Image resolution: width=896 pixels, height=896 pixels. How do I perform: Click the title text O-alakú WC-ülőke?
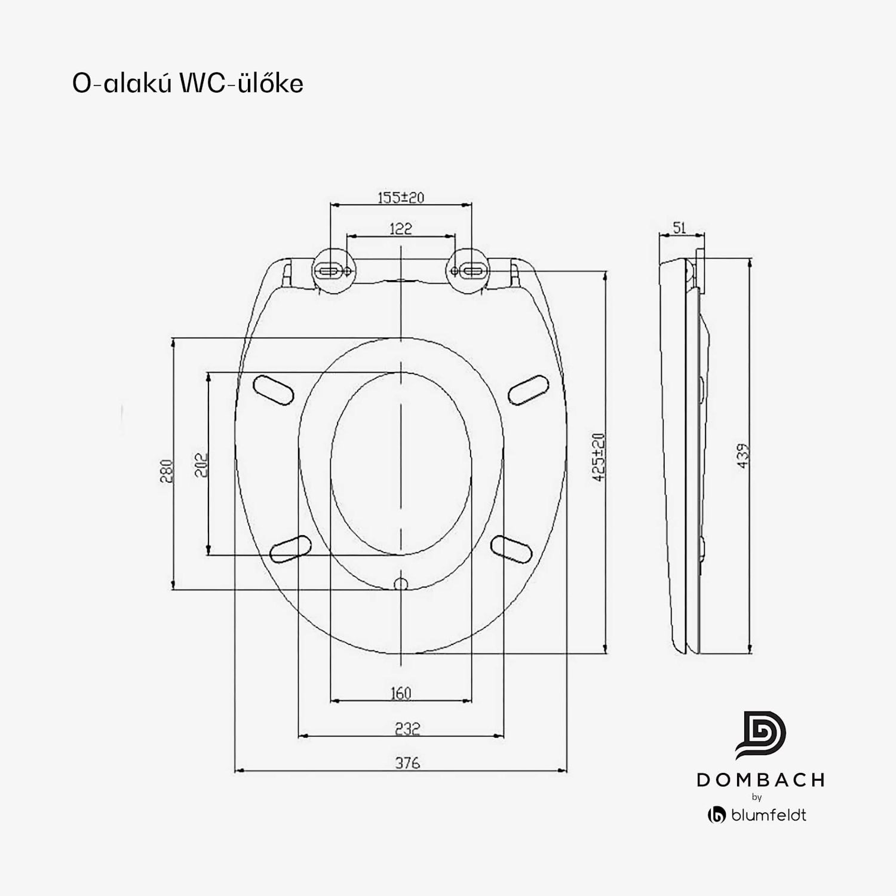click(x=188, y=83)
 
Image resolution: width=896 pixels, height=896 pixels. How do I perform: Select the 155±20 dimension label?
click(x=401, y=197)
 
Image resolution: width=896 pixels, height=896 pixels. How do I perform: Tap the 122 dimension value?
click(x=400, y=229)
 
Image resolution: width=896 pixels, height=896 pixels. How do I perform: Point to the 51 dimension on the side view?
click(x=679, y=228)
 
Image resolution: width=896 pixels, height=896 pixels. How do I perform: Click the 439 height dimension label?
click(x=742, y=456)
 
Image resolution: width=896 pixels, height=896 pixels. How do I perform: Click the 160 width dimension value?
click(x=401, y=693)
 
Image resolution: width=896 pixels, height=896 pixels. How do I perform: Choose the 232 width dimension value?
click(x=407, y=728)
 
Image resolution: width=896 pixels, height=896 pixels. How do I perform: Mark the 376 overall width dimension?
click(x=407, y=763)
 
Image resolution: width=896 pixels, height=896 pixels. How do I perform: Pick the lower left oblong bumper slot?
click(x=291, y=549)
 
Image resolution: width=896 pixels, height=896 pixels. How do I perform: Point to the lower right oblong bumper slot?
click(x=511, y=549)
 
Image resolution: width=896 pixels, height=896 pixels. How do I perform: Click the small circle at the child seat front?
click(x=401, y=584)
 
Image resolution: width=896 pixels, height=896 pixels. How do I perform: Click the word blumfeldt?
click(x=768, y=815)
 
